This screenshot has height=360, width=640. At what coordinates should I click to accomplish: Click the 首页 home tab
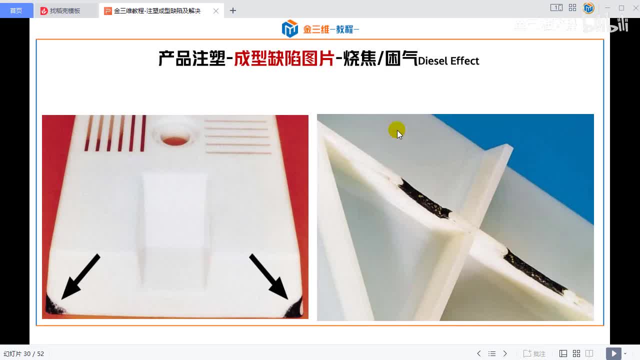pos(16,10)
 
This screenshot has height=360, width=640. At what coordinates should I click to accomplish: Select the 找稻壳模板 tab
pos(65,10)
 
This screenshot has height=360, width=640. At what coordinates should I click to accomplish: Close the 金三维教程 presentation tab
pos(216,10)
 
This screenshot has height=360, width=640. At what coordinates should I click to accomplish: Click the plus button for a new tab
pos(233,10)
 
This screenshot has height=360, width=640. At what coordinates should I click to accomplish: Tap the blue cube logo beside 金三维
pos(289,29)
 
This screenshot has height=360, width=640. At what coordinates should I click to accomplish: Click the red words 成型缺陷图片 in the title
pos(284,59)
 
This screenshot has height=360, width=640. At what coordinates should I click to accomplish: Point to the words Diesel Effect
pos(448,61)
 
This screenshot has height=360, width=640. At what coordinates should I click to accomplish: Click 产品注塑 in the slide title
pos(192,59)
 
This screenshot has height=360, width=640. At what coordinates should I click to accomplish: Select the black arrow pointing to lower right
pos(268,276)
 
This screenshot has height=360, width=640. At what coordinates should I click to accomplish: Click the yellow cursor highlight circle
pos(396,130)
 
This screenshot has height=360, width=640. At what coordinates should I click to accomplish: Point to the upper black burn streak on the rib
pos(422,198)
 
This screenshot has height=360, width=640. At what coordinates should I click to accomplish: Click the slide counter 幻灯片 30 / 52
pos(24,353)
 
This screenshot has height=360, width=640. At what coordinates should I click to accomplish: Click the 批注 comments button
pos(534,353)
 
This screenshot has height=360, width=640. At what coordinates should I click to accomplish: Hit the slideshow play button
pos(613,353)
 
